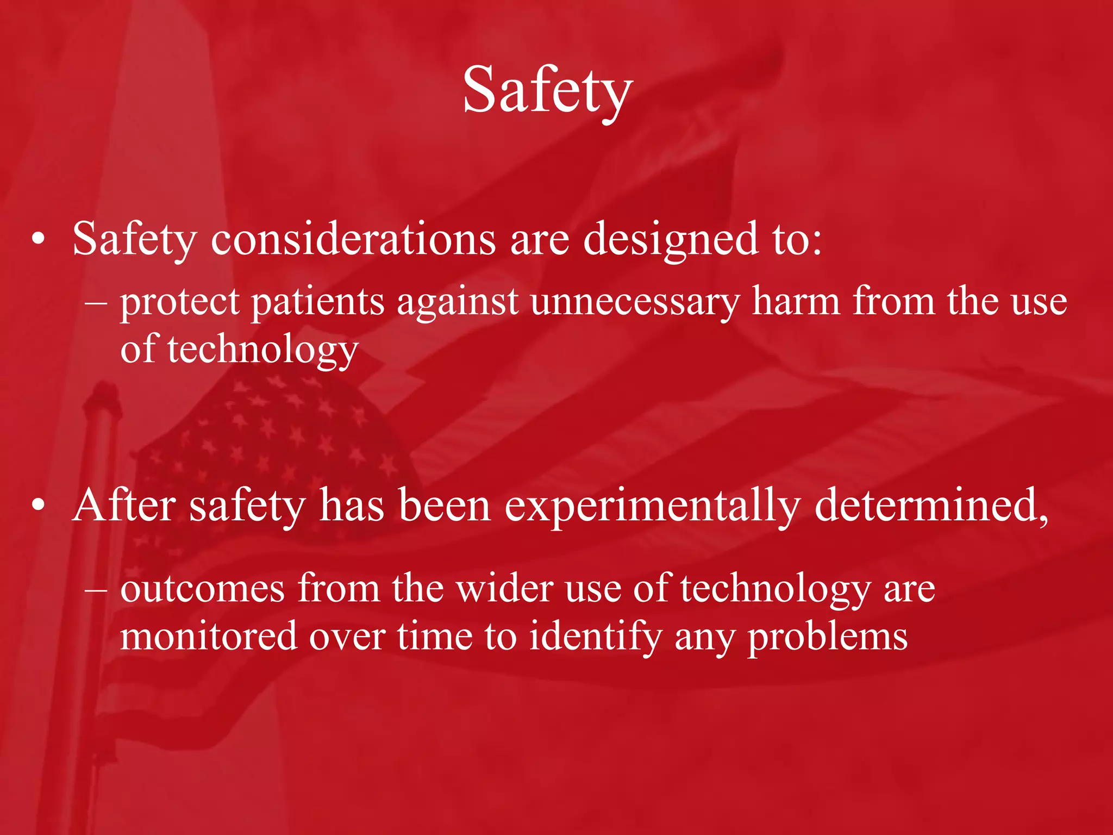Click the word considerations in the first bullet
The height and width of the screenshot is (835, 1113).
pos(353,240)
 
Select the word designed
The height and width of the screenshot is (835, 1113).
pos(671,240)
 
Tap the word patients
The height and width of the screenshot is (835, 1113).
pos(317,302)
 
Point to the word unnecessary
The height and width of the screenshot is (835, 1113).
pos(635,302)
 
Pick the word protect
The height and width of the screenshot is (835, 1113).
pos(180,302)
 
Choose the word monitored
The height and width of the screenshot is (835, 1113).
pos(209,637)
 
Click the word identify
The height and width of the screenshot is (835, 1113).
pos(595,637)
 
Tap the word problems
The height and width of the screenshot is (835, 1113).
pos(828,638)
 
